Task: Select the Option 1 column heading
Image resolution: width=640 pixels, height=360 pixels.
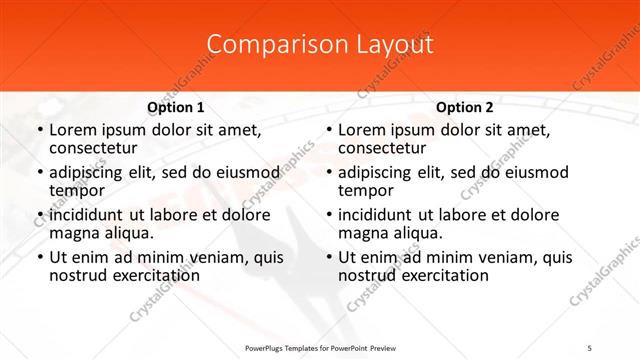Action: (176, 107)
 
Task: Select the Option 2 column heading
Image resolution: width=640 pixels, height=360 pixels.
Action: (465, 107)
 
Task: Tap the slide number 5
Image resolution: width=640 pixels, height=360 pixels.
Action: (591, 347)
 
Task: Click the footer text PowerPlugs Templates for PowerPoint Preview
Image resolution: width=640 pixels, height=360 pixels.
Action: (320, 347)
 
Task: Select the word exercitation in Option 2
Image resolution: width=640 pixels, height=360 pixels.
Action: (439, 274)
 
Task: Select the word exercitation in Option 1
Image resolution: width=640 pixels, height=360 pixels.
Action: (150, 274)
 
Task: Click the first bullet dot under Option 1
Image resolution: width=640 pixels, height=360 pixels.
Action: (39, 130)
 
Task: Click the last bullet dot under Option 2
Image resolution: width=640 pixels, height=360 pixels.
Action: (328, 257)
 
